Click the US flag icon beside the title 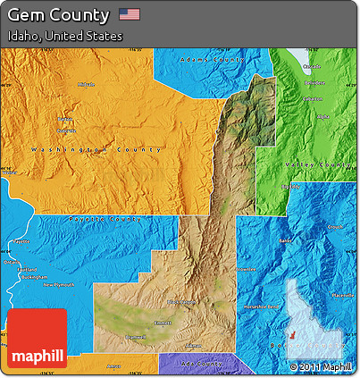click(130, 14)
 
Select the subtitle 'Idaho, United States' click(64, 37)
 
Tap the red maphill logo click(37, 339)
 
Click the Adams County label click(212, 60)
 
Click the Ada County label click(200, 364)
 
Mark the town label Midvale click(86, 85)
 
